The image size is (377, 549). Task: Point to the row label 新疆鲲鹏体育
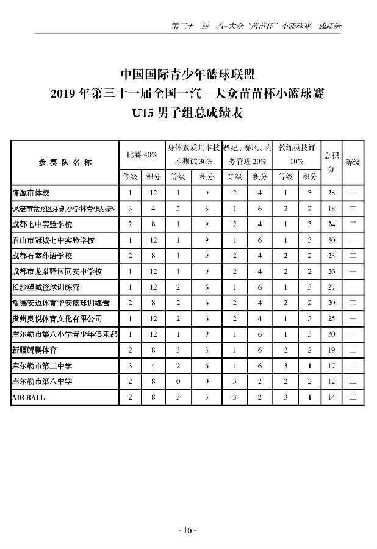click(34, 350)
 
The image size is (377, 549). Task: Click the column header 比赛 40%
click(142, 155)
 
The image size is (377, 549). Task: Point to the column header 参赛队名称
click(64, 163)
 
